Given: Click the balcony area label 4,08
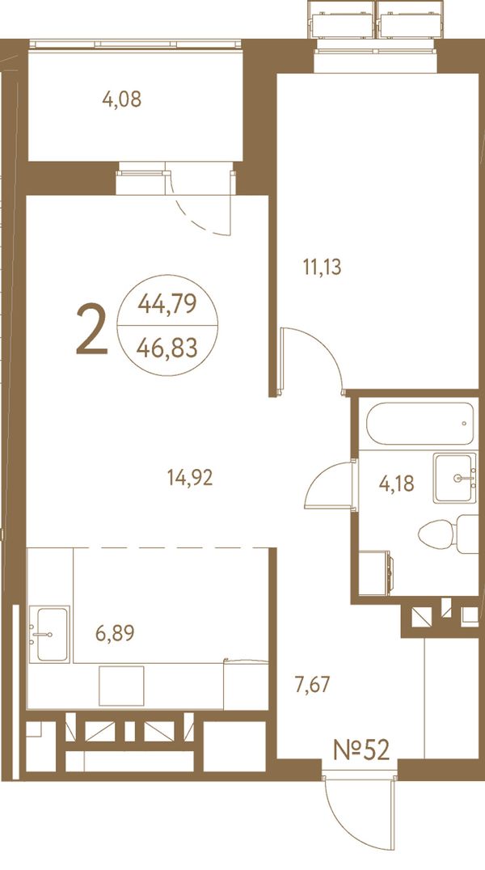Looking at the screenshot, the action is [x=121, y=100].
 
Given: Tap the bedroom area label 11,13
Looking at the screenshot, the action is [x=322, y=268].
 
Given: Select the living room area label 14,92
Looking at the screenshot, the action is [x=190, y=477].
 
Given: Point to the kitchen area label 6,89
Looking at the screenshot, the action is [x=115, y=632].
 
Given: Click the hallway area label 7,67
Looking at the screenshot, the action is [x=312, y=685].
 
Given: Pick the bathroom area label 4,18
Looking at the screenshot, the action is [x=396, y=484].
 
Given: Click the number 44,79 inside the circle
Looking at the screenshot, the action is [x=167, y=303].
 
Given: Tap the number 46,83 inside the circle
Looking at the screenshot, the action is [x=167, y=349].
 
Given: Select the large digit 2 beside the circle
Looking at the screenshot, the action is [x=91, y=330].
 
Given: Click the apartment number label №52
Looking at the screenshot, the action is [x=361, y=750].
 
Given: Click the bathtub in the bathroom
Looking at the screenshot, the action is [x=420, y=424].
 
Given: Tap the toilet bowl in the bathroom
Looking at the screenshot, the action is [x=436, y=534].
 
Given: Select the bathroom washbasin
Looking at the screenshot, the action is [x=455, y=478].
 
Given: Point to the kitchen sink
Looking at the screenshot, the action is [x=49, y=634].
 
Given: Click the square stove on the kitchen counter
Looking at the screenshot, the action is [x=121, y=686].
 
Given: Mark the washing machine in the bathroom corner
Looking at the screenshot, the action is [x=376, y=572].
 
